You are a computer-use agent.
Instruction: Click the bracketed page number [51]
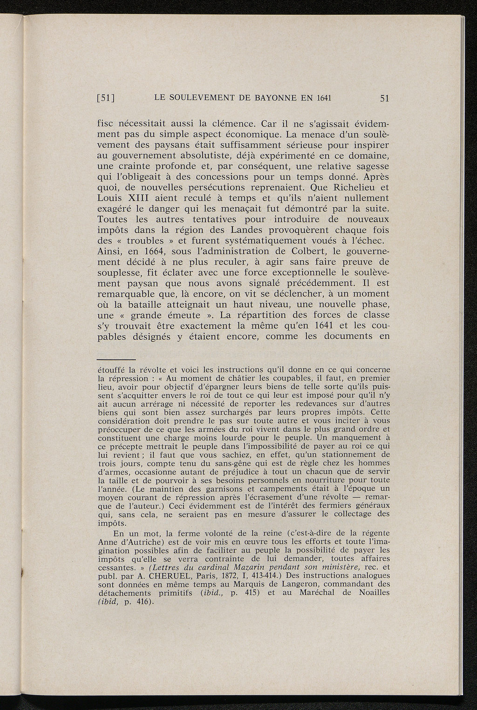coord(106,98)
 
